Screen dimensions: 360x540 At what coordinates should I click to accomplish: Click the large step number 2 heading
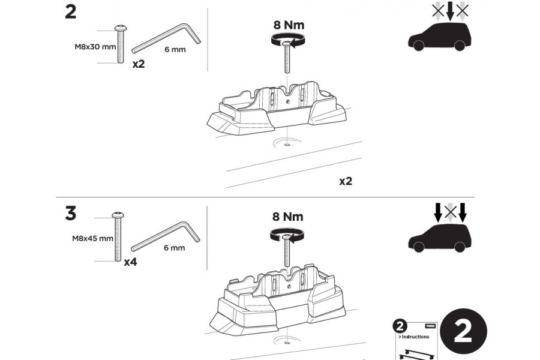click(71, 11)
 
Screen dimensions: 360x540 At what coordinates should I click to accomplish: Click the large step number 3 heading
click(71, 214)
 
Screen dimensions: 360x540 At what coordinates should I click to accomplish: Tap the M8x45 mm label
click(91, 238)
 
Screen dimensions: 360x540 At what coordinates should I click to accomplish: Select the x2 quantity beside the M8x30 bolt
click(139, 64)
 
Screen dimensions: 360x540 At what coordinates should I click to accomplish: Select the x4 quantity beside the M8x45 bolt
click(130, 262)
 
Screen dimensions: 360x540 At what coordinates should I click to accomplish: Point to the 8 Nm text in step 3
click(287, 217)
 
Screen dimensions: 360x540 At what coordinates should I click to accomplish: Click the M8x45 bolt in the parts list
click(117, 237)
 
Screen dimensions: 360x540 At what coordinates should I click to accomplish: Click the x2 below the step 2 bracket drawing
click(345, 181)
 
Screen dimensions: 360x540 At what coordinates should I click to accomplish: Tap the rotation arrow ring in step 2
click(286, 40)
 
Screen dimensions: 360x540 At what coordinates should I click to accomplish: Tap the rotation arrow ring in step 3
click(286, 234)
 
